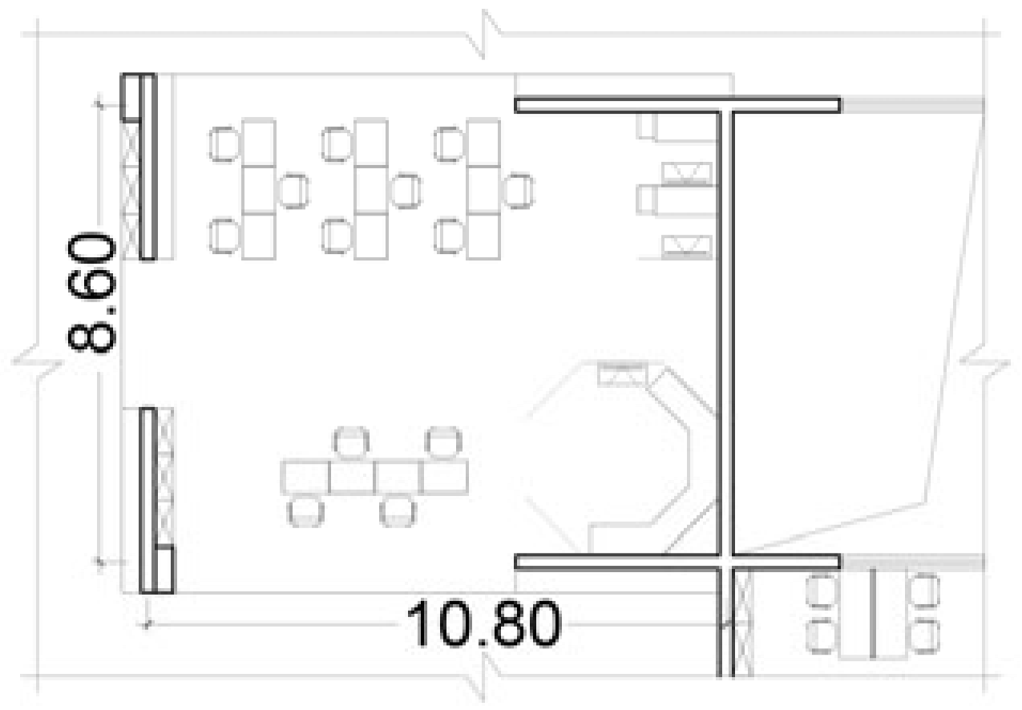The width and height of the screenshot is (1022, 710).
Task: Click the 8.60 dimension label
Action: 91,292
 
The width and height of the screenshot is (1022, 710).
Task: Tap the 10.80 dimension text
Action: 484,623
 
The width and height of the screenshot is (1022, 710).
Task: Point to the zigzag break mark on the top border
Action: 484,34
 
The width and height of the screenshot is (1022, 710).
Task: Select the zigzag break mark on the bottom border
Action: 484,676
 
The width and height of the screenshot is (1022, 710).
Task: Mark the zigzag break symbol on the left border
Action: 37,363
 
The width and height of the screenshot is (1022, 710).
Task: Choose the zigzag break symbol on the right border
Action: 984,362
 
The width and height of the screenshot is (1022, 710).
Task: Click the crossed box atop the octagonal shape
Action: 622,374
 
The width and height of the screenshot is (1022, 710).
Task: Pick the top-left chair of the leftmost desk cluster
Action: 224,144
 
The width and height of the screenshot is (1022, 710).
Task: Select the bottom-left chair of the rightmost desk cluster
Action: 450,236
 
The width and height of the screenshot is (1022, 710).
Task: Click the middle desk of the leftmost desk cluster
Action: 259,190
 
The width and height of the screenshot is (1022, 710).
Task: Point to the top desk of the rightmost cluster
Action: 484,143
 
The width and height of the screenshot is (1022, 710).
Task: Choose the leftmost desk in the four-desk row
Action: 305,478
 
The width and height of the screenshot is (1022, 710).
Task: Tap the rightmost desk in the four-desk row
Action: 445,478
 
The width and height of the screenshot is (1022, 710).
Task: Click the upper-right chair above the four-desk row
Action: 443,443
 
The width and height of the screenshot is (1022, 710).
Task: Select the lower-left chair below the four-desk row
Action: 306,511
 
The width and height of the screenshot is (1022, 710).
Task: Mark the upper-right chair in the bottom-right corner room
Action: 924,592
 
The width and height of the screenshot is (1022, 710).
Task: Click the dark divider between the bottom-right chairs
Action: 872,613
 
